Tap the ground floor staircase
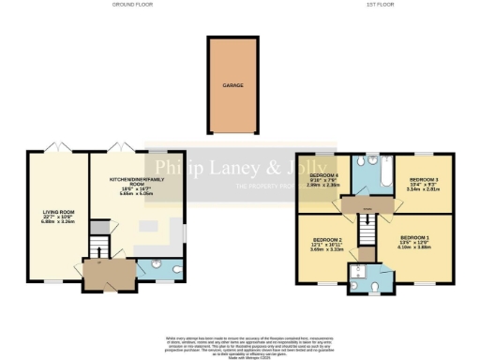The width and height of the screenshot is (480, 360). coord(97,247)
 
